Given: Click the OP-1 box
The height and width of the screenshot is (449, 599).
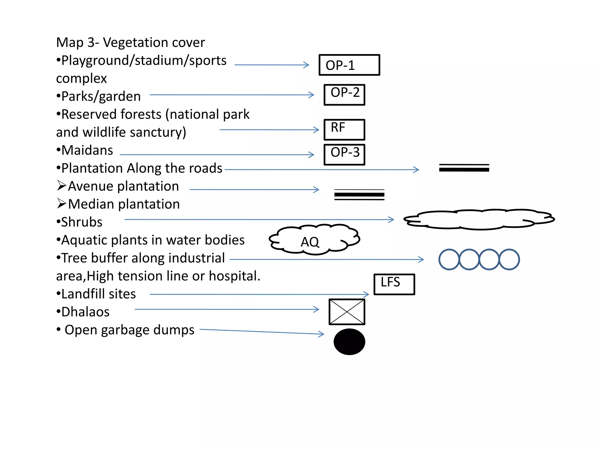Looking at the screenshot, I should tap(349, 65).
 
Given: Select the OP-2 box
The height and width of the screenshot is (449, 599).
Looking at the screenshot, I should tap(344, 94).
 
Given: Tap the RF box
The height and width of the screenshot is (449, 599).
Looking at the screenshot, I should tap(344, 129).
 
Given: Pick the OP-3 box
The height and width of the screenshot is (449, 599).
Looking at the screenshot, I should tap(344, 154).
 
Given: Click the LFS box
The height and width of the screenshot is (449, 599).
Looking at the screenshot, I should tap(394, 284).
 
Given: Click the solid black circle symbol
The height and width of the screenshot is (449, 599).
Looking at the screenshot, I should tap(349, 342).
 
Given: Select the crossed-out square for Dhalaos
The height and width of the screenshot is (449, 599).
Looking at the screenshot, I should tap(347, 312).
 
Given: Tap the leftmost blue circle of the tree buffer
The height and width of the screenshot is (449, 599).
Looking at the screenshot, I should tap(449, 259).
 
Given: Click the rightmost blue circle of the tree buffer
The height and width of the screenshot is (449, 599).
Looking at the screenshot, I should tap(509, 259).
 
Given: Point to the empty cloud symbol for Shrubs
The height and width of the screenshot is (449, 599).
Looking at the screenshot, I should tap(479, 220).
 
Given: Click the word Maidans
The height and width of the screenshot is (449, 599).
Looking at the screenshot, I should tap(87, 150).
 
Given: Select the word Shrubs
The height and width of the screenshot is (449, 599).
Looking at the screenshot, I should tap(82, 222).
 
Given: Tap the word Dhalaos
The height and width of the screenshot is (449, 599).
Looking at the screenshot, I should tap(85, 312).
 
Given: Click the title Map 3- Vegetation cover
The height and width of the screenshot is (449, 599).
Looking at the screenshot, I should tap(130, 42).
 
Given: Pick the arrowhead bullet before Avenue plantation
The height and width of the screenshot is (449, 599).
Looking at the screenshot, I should tap(61, 185).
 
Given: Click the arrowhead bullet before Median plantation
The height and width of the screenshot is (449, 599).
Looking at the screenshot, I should tap(61, 203).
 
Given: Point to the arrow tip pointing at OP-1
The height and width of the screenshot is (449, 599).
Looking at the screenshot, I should tap(308, 65).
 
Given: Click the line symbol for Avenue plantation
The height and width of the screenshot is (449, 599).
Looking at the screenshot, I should tap(359, 195).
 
